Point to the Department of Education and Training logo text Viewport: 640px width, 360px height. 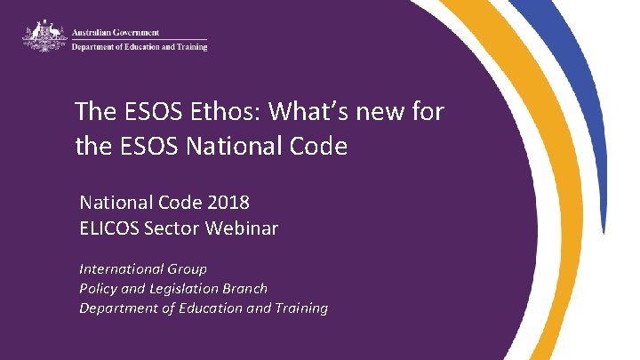pyautogui.click(x=139, y=47)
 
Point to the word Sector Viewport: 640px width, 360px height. pyautogui.click(x=173, y=228)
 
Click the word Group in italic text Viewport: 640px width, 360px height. pyautogui.click(x=183, y=268)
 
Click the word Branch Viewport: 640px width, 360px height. pyautogui.click(x=246, y=288)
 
